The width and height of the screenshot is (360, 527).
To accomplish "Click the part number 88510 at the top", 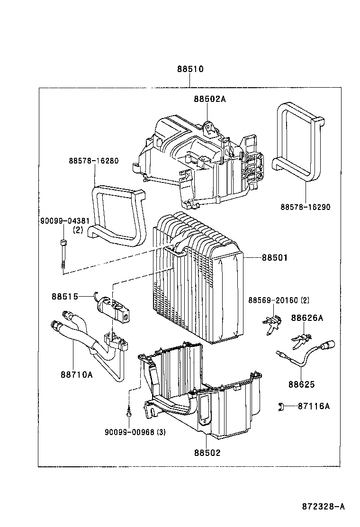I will coord(190,69).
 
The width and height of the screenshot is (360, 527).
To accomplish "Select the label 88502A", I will coord(209,99).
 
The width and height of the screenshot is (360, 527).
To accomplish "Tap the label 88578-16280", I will coord(93,161).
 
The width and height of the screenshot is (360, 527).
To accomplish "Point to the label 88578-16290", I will coord(305,207).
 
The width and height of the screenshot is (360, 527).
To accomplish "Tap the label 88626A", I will coord(307,318).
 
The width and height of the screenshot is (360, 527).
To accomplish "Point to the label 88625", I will coord(302,384).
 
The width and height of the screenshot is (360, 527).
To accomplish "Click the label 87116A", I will coord(314,406).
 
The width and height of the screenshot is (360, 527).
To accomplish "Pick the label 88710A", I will coord(76,374).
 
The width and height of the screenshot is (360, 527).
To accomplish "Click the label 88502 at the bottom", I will coord(207,453).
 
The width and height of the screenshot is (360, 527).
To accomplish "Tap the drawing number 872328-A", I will coord(323,507).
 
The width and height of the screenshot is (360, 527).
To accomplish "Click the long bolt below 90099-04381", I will coord(63,255).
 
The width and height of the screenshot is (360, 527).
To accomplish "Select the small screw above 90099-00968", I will coord(128,413).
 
